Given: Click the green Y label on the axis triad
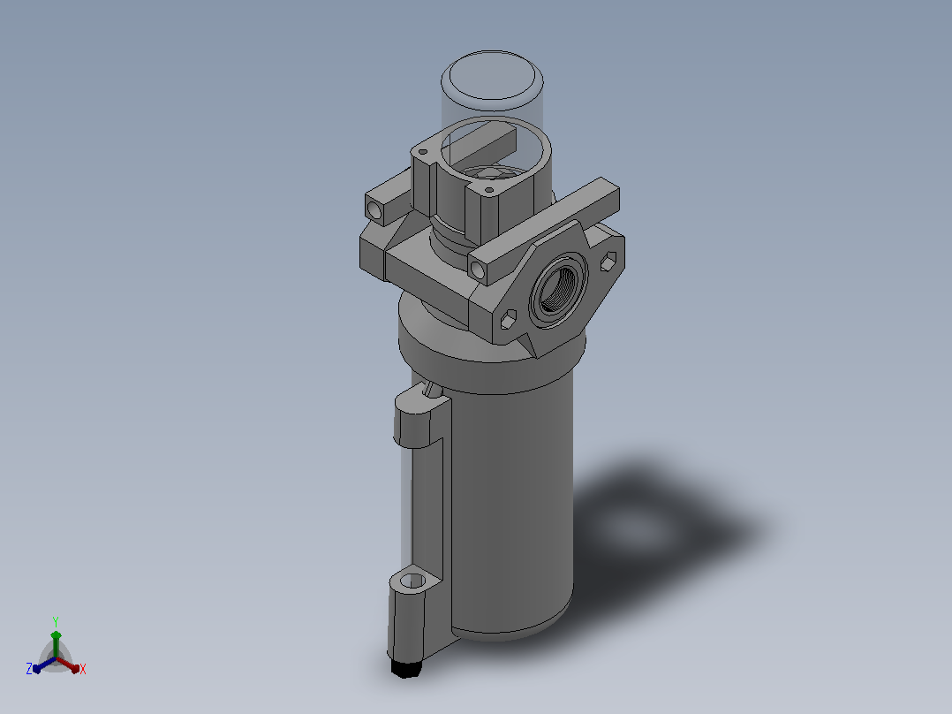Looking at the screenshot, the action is [56, 621].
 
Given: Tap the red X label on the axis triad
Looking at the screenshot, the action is [83, 669].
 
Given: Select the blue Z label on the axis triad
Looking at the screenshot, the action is [29, 669].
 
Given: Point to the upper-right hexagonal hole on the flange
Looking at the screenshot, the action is [609, 262].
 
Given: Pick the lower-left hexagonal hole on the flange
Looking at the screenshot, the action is [508, 320].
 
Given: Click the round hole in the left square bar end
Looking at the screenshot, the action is [374, 209].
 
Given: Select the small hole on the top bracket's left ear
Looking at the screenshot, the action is [423, 152].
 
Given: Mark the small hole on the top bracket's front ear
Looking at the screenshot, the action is [490, 190].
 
